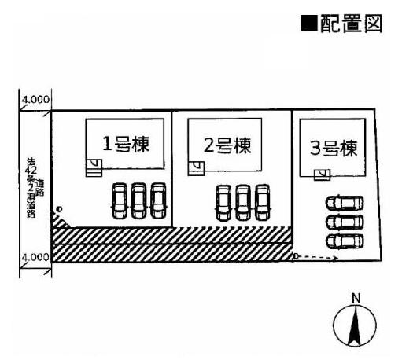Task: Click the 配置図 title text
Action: (x=352, y=24)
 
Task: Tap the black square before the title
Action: (x=309, y=24)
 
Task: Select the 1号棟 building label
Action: (x=126, y=144)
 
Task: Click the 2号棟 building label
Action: (x=227, y=145)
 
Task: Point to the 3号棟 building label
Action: (x=334, y=149)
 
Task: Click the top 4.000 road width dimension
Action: (x=35, y=100)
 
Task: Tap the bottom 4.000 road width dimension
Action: (x=35, y=257)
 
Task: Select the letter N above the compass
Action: (x=356, y=298)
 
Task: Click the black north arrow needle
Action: (x=355, y=326)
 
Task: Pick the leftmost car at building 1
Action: (x=120, y=201)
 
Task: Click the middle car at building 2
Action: (x=243, y=203)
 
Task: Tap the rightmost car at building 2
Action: (x=263, y=203)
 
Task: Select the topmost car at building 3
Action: (x=345, y=203)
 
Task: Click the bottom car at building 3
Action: (x=345, y=241)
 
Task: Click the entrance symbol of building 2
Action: (x=196, y=168)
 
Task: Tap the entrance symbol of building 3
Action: (x=323, y=174)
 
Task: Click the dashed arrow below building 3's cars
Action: (x=315, y=257)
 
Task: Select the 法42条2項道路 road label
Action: (x=34, y=188)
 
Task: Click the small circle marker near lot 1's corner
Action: (x=60, y=209)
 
